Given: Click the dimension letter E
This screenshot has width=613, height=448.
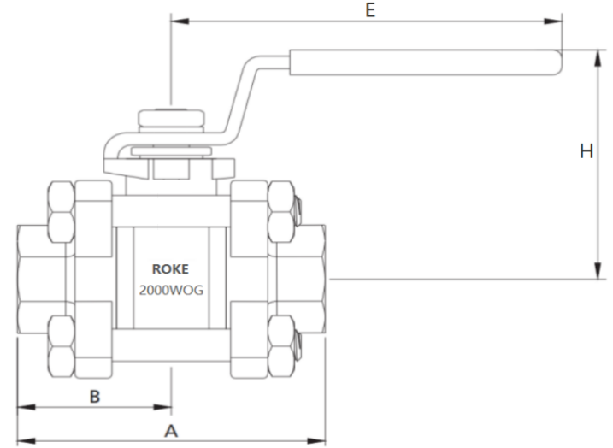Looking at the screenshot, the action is pyautogui.click(x=370, y=9).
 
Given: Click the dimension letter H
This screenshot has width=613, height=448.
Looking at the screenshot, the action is pyautogui.click(x=586, y=151).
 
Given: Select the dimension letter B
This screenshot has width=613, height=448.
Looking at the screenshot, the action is pyautogui.click(x=95, y=397).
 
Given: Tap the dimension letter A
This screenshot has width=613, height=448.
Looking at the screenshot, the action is pyautogui.click(x=171, y=431).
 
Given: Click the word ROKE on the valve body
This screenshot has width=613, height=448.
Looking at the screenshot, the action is pyautogui.click(x=170, y=269).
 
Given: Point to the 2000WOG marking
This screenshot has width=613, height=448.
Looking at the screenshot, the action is pyautogui.click(x=171, y=290).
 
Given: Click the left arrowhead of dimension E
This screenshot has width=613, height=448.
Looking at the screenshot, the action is pyautogui.click(x=180, y=21).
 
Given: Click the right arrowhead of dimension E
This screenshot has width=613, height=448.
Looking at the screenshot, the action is pyautogui.click(x=553, y=21).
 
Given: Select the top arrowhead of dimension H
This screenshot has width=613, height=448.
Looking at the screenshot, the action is pyautogui.click(x=598, y=59).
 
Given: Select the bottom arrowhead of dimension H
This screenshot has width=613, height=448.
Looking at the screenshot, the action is pyautogui.click(x=598, y=270).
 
